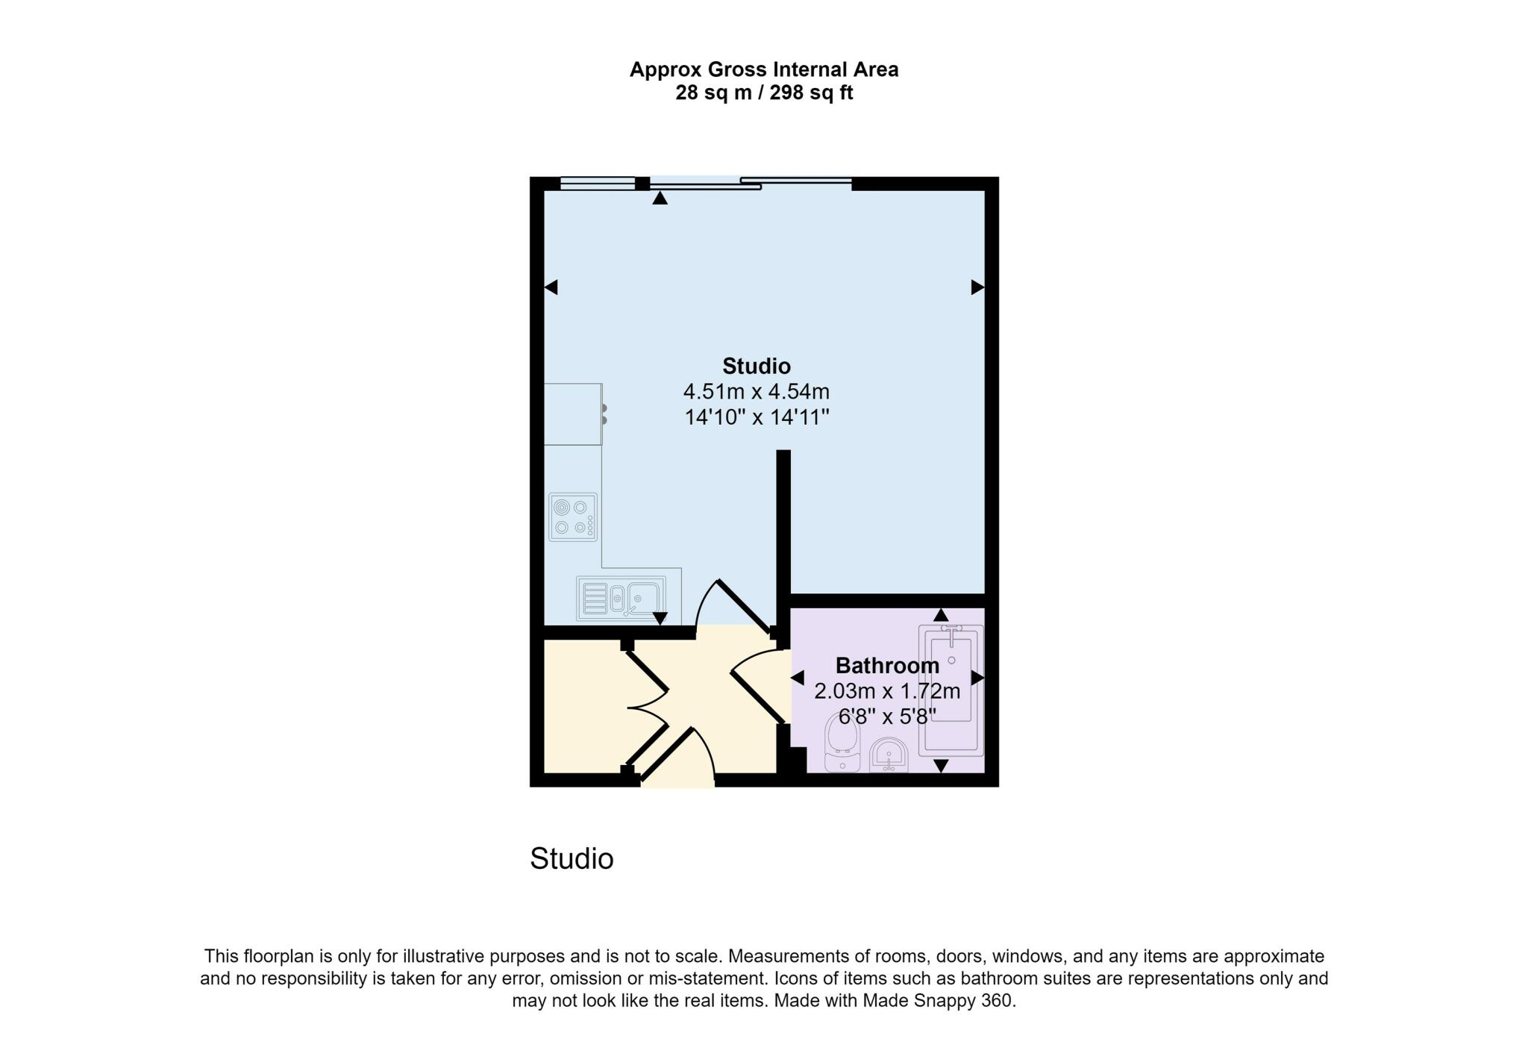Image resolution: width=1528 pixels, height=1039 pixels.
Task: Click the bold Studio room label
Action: [756, 366]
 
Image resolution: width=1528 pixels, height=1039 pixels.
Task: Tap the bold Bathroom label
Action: [886, 665]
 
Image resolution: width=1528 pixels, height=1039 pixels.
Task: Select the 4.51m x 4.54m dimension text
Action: [756, 391]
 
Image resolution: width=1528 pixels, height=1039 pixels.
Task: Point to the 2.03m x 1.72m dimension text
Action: [886, 691]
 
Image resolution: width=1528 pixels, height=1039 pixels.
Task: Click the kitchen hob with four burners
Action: [572, 517]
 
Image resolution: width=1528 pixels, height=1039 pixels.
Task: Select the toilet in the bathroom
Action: [842, 743]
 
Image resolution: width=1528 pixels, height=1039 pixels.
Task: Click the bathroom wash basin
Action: [889, 755]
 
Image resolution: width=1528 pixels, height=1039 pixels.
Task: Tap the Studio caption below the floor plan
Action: [572, 859]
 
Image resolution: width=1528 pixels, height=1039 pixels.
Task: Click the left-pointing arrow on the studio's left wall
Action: [551, 287]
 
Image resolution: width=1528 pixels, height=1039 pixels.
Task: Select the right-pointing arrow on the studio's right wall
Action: [977, 287]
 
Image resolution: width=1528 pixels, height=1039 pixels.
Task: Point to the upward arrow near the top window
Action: [660, 198]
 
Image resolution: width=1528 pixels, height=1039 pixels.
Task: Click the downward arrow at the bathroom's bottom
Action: [941, 766]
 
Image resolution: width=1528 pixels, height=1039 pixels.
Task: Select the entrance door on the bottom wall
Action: [675, 756]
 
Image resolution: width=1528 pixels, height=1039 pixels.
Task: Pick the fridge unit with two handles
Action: [573, 414]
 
